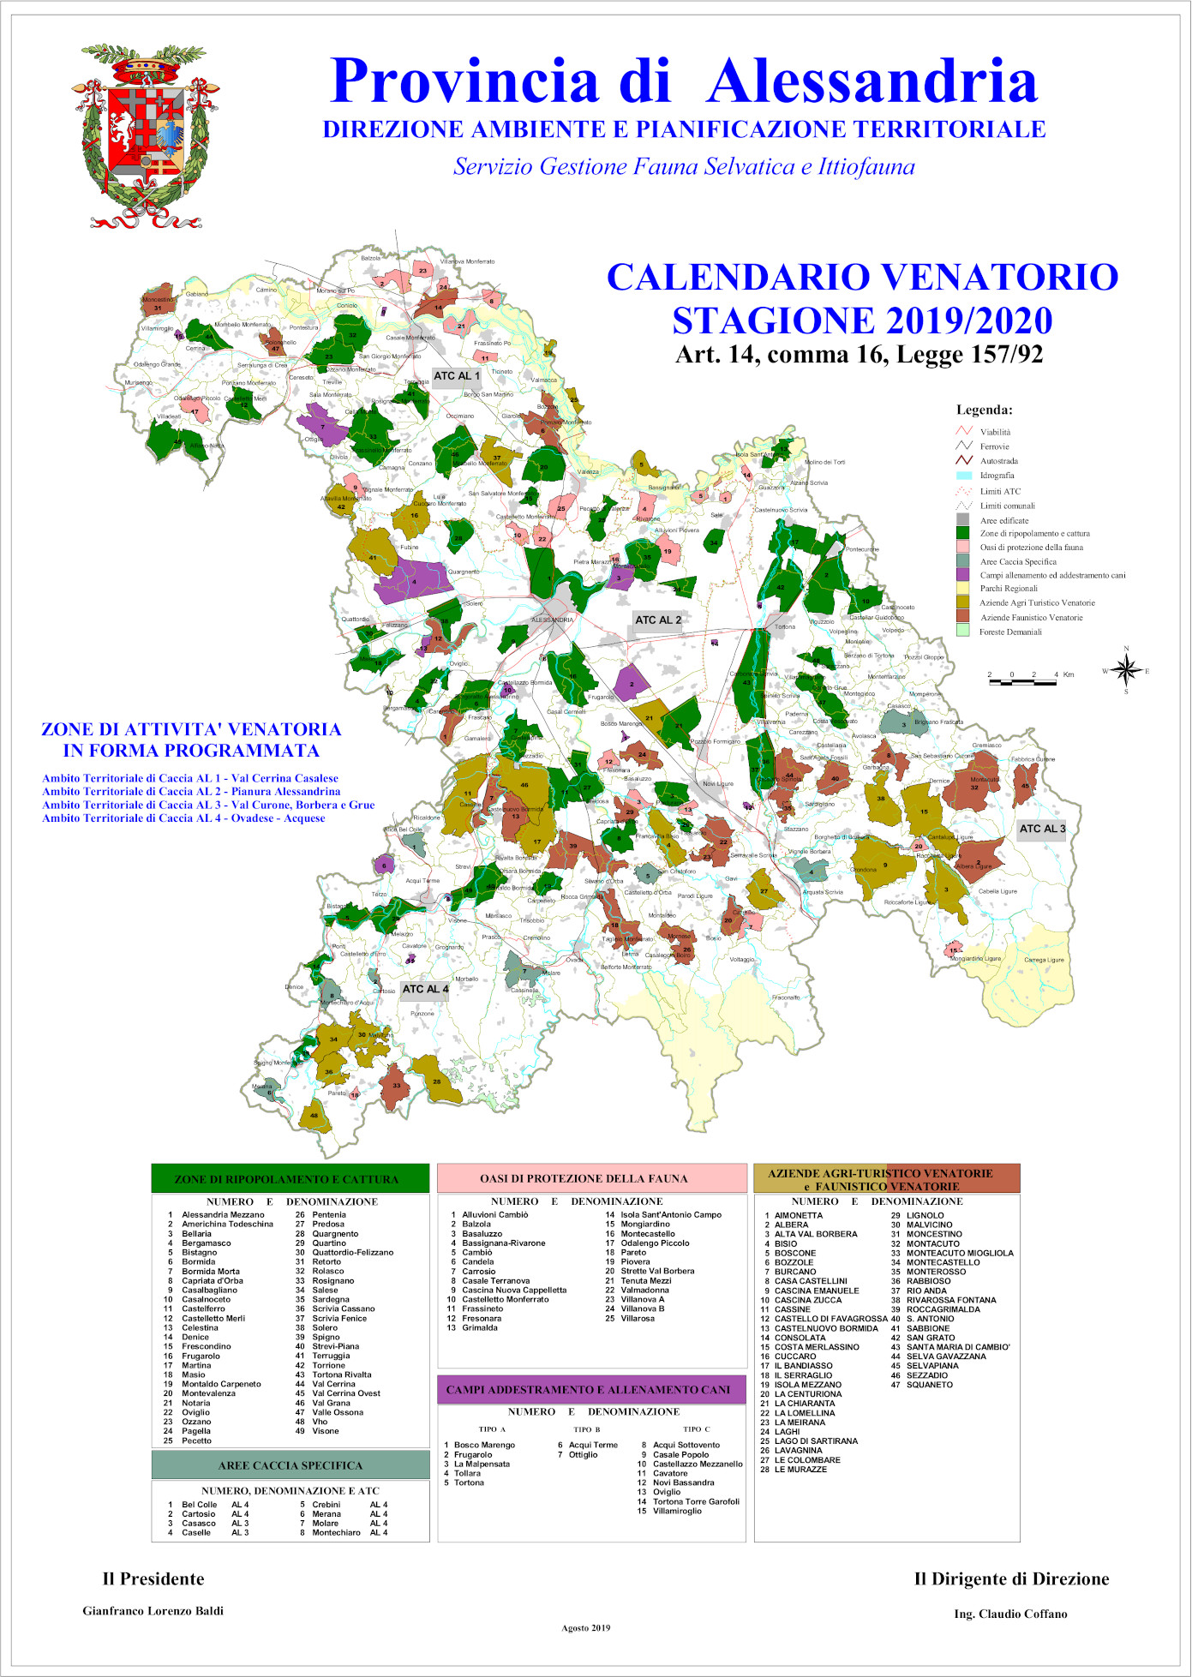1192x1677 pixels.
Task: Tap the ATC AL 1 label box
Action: point(457,376)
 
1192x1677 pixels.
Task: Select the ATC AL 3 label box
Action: point(1042,829)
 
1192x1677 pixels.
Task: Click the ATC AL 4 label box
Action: point(425,989)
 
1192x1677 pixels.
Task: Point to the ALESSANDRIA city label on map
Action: point(552,620)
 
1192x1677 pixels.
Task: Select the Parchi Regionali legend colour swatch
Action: point(963,589)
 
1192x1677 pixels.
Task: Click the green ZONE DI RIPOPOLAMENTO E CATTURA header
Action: point(290,1179)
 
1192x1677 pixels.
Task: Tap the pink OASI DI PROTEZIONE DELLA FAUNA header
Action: point(592,1178)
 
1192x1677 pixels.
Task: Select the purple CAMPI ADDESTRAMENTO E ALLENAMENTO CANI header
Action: point(591,1389)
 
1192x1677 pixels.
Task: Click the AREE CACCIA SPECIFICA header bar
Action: point(290,1465)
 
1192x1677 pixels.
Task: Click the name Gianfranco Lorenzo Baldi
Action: point(153,1611)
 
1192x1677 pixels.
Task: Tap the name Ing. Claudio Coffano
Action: point(1010,1614)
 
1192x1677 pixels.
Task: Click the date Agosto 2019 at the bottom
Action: point(586,1628)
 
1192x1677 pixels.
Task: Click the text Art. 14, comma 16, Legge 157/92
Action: point(859,355)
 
